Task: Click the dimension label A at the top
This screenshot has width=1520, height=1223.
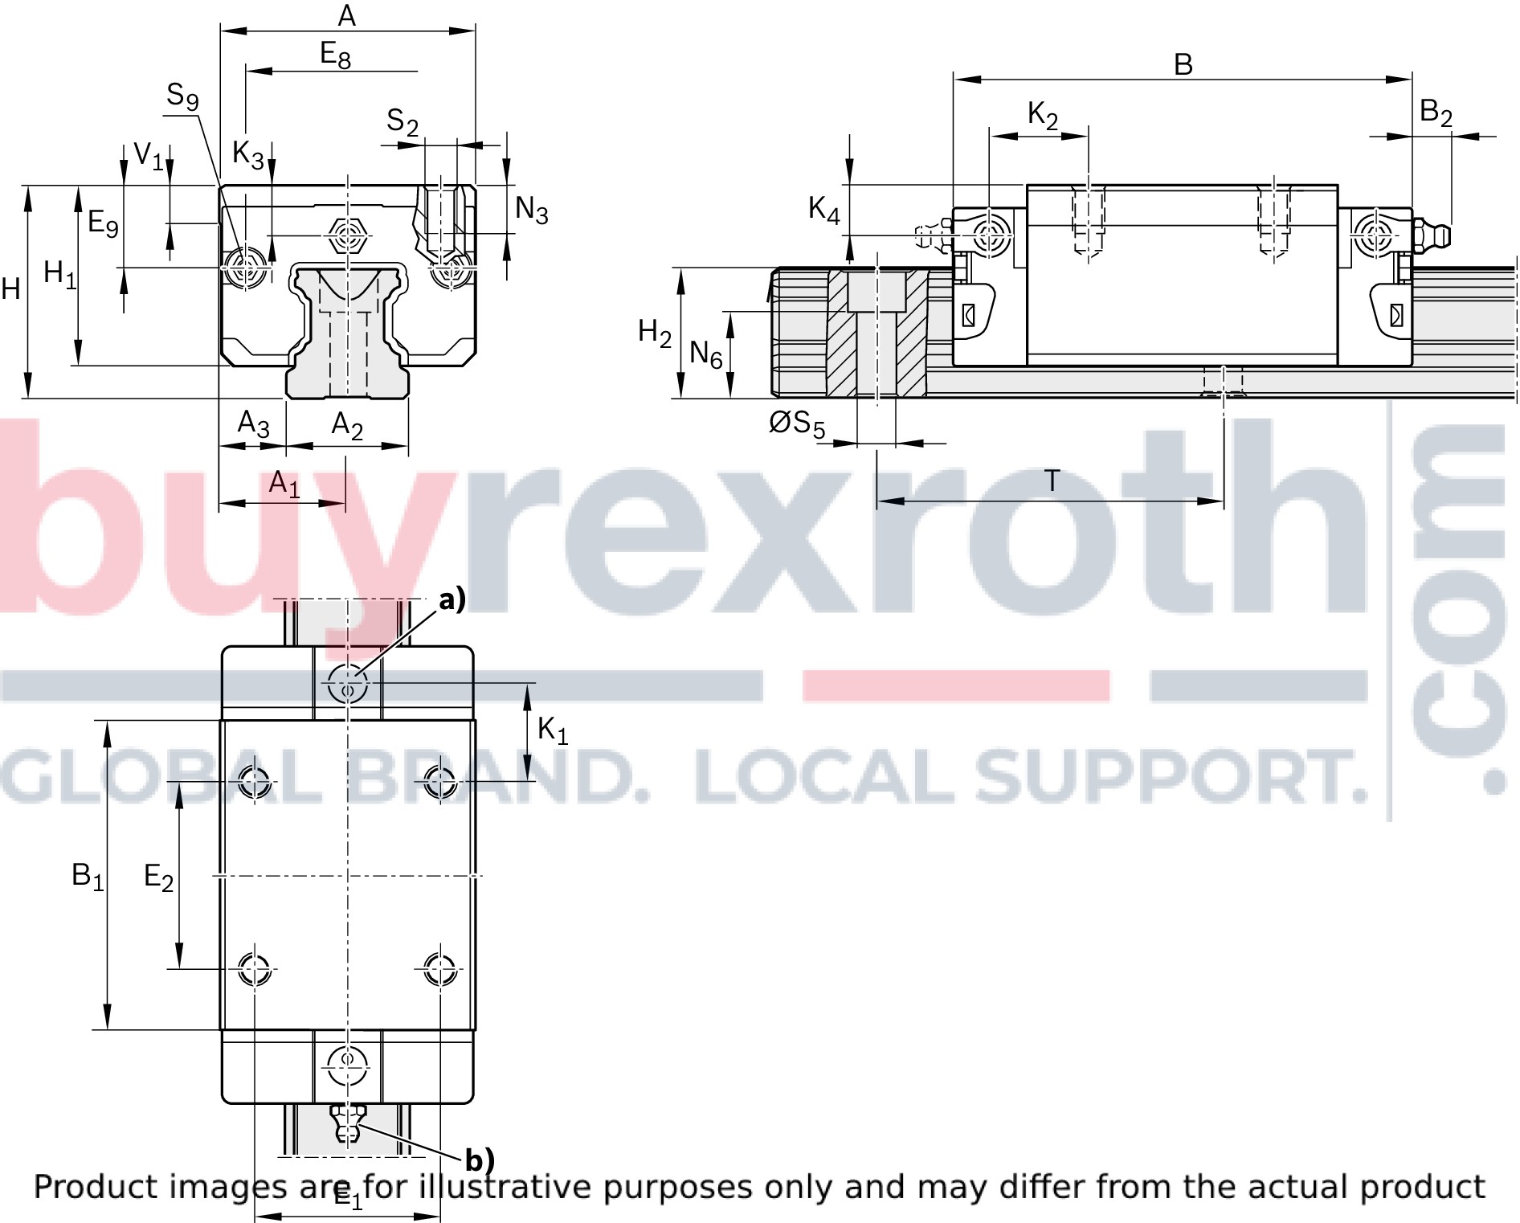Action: pyautogui.click(x=346, y=15)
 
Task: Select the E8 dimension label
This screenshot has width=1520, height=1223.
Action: pyautogui.click(x=335, y=55)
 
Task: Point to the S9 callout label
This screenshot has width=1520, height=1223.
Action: pyautogui.click(x=182, y=96)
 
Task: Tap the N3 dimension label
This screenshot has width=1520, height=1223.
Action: pyautogui.click(x=532, y=211)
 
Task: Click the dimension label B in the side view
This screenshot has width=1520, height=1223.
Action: pyautogui.click(x=1183, y=64)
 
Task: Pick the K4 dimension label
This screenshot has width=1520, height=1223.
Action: pyautogui.click(x=823, y=210)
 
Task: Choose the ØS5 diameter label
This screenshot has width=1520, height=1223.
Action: pyautogui.click(x=797, y=423)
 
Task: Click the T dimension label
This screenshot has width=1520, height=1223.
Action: pyautogui.click(x=1052, y=481)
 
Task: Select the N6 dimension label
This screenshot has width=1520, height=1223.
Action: pyautogui.click(x=706, y=354)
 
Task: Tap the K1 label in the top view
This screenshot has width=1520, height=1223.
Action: pyautogui.click(x=553, y=731)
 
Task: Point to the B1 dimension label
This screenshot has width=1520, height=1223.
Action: pyautogui.click(x=88, y=877)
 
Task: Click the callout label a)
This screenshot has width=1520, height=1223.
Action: pyautogui.click(x=452, y=599)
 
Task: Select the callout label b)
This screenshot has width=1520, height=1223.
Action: pyautogui.click(x=480, y=1160)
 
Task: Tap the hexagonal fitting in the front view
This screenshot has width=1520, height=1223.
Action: pyautogui.click(x=348, y=236)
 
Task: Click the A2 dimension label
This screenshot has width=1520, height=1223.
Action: pyautogui.click(x=347, y=425)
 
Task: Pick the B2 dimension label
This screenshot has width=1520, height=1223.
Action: pyautogui.click(x=1436, y=112)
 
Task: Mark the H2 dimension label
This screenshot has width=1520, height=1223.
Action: pyautogui.click(x=655, y=332)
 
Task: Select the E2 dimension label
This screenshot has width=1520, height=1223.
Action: pyautogui.click(x=158, y=877)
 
